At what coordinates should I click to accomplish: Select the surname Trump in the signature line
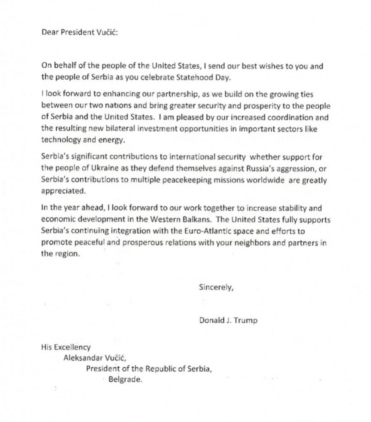246,320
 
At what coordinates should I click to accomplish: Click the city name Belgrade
125,380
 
